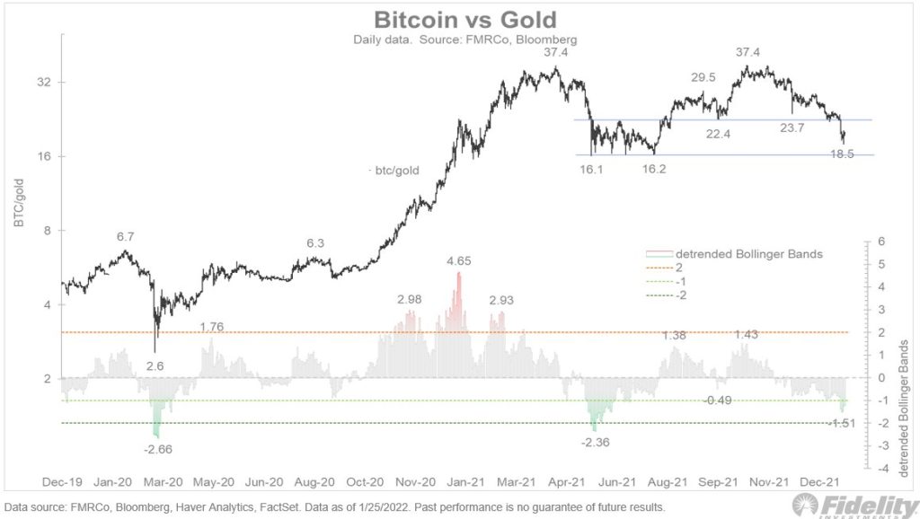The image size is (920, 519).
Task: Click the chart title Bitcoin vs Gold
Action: [x=464, y=19]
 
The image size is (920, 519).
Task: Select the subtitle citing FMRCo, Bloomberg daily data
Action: [x=464, y=40]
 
